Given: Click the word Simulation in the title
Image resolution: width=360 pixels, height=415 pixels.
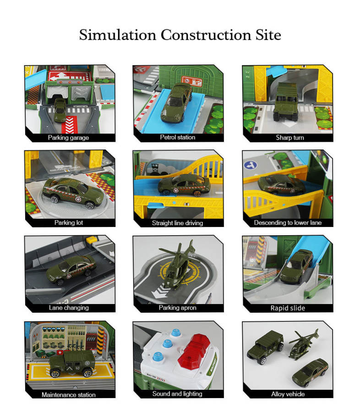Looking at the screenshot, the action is (x=118, y=35).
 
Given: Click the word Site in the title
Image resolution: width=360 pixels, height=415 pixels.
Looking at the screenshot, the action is (x=268, y=35).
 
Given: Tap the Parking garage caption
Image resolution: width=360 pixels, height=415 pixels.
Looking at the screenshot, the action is (x=68, y=138).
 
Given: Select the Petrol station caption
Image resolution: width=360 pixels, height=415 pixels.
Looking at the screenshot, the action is (x=178, y=138).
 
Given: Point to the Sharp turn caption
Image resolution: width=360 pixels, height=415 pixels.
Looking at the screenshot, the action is (x=290, y=138).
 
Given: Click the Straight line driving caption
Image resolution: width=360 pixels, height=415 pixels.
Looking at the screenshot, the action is (x=177, y=223).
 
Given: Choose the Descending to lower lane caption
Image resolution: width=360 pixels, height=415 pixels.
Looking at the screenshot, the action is (x=288, y=223).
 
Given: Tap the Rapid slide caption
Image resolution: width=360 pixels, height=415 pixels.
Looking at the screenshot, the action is (x=288, y=308).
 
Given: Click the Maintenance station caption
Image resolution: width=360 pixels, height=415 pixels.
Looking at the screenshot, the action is (x=68, y=395).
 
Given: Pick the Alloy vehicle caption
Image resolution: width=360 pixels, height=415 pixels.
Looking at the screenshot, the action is (x=288, y=394).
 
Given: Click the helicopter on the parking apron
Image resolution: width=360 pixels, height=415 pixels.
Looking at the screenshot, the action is (x=177, y=265).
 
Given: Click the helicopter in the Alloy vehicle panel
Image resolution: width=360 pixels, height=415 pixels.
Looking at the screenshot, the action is (x=304, y=344).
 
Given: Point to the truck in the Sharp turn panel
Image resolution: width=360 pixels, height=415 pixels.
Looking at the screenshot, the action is (x=286, y=101).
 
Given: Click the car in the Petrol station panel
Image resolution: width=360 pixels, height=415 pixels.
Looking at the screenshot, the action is (x=176, y=104).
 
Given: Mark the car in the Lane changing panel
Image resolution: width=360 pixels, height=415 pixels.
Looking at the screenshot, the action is (x=71, y=270).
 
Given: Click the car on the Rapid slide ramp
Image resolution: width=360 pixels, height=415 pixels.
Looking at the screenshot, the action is (x=296, y=267).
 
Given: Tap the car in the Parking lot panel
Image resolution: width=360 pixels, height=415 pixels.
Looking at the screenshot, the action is (x=73, y=193).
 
